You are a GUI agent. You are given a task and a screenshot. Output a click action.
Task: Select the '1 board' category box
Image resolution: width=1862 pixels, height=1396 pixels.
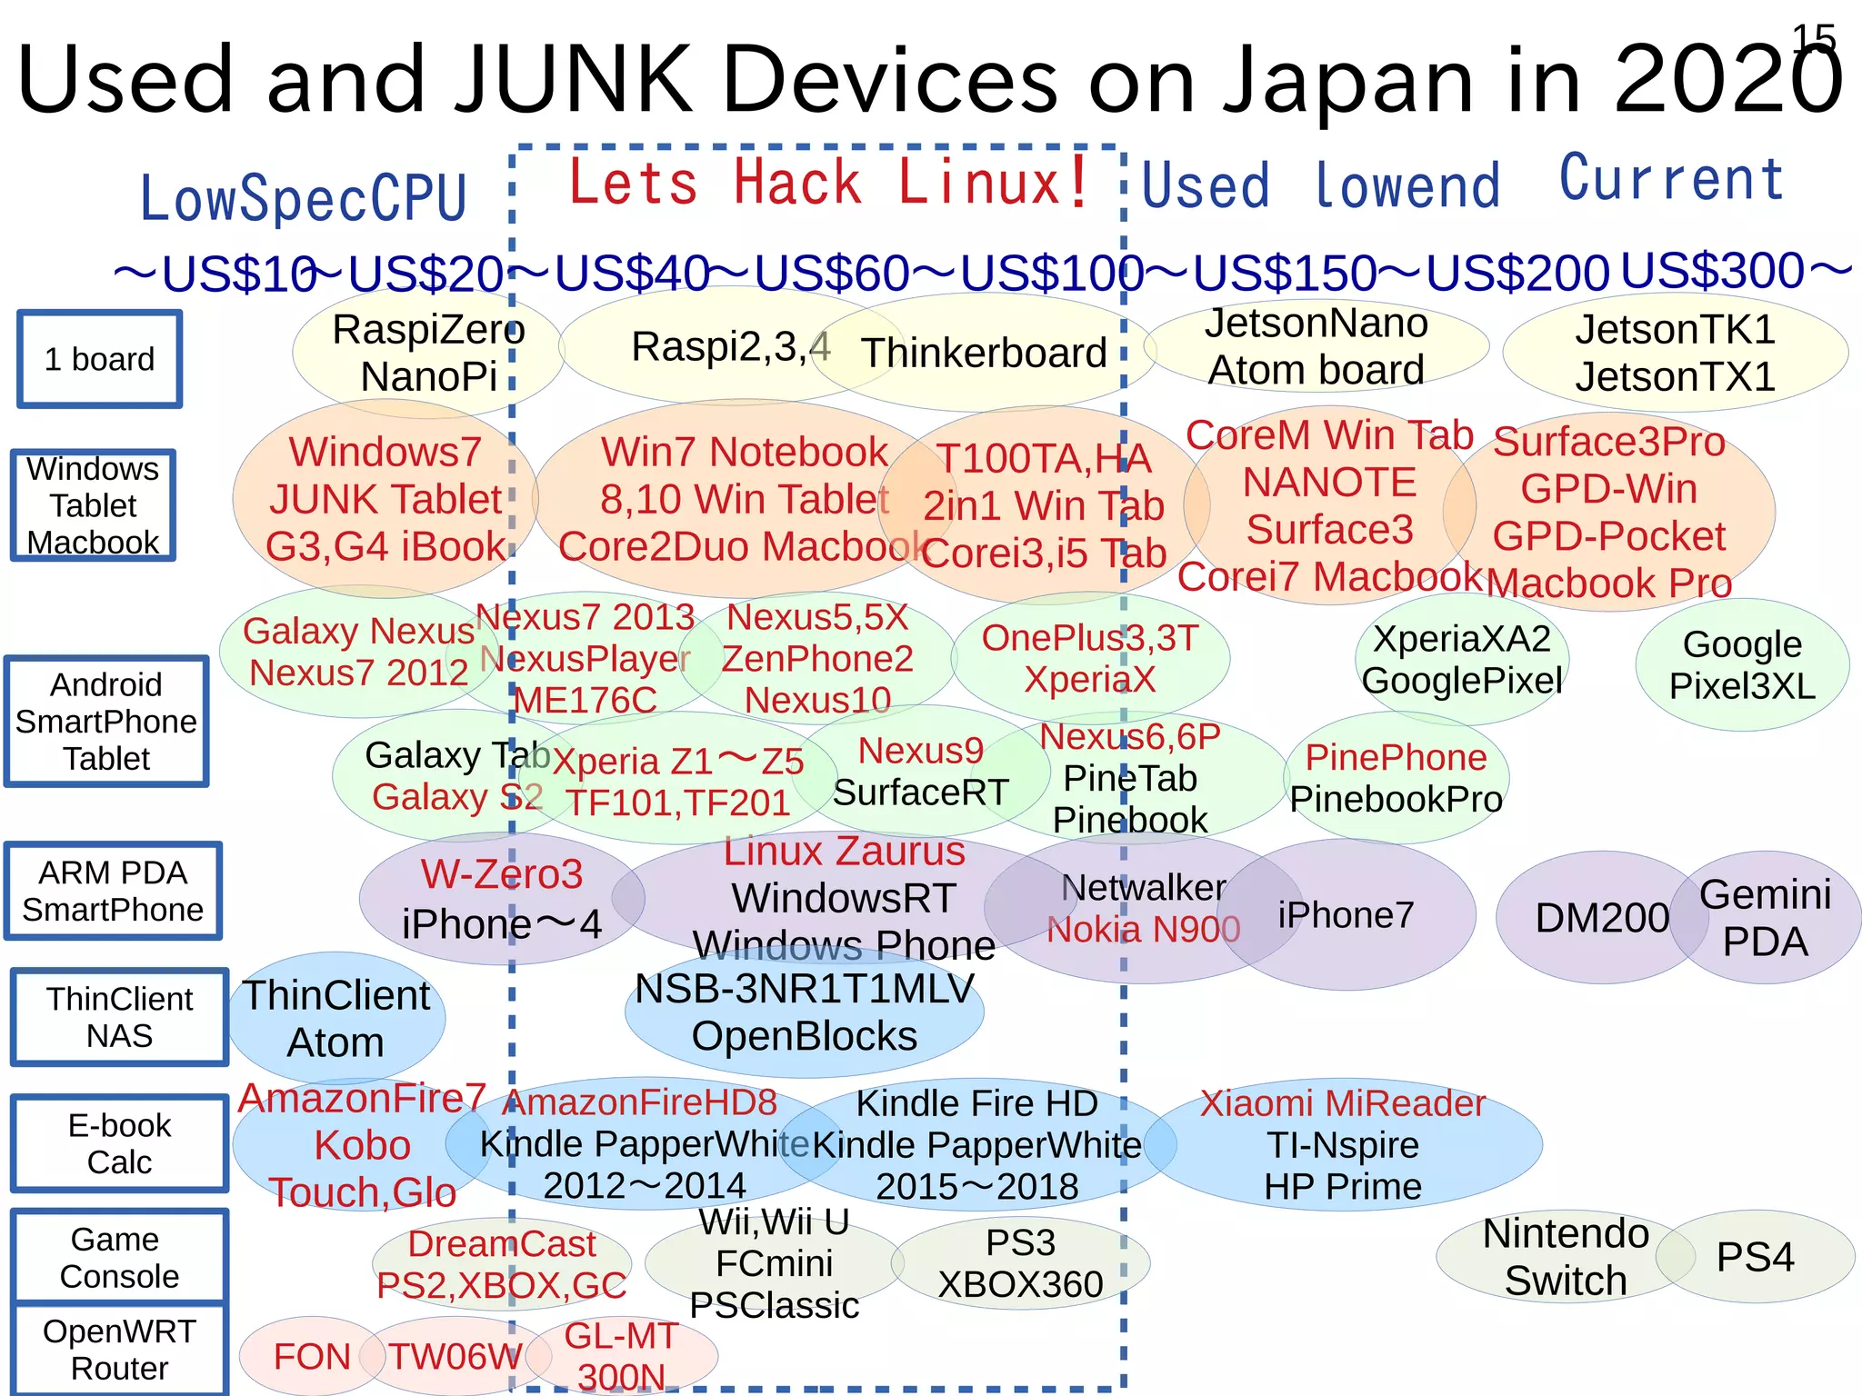100,359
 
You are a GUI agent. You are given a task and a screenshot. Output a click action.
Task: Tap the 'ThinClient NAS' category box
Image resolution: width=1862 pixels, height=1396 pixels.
119,1017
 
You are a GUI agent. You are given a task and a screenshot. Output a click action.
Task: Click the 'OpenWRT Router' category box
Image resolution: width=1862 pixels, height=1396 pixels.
119,1350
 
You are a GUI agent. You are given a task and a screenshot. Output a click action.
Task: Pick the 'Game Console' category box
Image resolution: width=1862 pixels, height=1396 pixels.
118,1258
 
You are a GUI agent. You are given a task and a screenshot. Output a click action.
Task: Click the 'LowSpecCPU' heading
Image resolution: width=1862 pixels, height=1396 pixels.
303,198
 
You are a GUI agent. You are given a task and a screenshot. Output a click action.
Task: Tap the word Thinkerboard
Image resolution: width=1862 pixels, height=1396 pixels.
984,353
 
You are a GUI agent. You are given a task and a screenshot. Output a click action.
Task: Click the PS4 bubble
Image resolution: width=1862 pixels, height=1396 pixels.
1755,1258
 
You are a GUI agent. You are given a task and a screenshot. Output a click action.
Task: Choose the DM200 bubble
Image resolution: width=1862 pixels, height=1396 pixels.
1601,918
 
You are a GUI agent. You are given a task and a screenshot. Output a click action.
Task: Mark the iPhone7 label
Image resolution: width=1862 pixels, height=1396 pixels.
1346,915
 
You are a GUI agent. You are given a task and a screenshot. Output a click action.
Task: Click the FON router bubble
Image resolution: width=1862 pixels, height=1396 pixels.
311,1357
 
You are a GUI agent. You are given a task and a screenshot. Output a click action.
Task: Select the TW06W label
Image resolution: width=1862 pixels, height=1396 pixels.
455,1357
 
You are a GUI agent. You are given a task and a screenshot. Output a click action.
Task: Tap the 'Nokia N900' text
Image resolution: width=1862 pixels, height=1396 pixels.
1143,930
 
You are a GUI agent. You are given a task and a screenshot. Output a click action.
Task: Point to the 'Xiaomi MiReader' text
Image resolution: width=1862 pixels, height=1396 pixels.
1342,1103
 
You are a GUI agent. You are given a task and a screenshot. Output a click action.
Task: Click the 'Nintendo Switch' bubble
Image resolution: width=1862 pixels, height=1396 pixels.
1565,1258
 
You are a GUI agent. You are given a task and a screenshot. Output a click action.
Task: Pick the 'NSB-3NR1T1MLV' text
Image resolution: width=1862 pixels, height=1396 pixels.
804,989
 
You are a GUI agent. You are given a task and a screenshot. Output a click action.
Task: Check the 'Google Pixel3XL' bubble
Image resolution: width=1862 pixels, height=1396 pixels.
1741,665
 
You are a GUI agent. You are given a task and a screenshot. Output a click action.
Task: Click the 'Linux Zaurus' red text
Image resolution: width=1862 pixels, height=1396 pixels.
844,852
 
